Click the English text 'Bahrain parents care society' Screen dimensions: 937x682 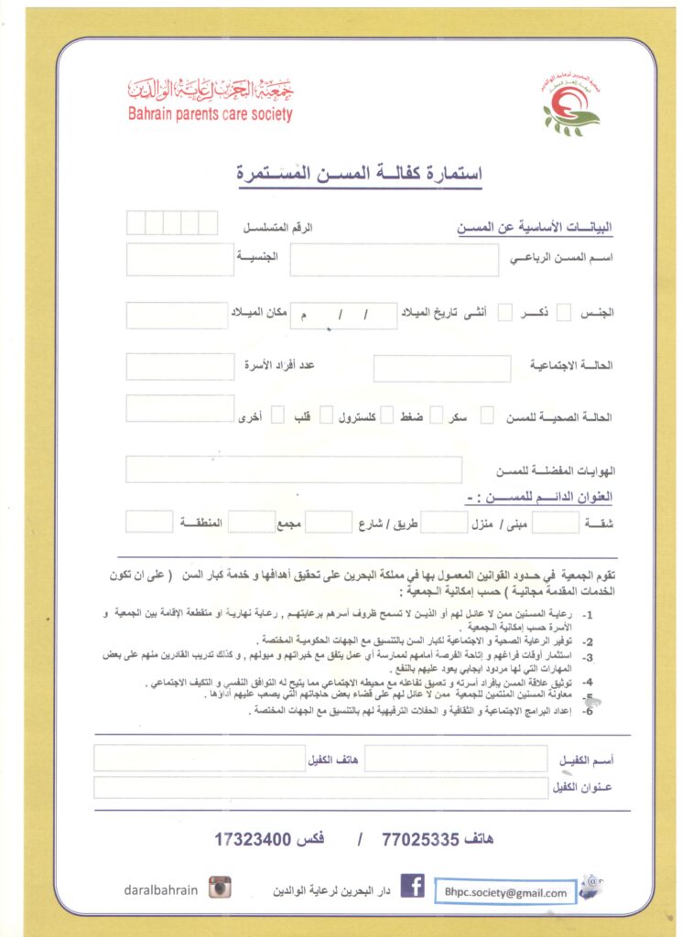[210, 115]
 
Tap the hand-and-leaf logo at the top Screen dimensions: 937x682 [571, 106]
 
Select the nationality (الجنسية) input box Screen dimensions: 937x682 [180, 260]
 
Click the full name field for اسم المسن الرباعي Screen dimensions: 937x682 [395, 260]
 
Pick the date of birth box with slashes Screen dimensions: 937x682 [343, 316]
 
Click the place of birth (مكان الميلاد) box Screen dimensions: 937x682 [177, 316]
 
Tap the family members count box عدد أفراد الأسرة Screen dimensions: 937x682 [180, 367]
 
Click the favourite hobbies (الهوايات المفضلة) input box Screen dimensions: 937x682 [294, 469]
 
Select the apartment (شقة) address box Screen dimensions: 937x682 [555, 522]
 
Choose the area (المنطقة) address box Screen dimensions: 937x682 [149, 522]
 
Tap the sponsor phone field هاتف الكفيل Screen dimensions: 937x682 [199, 759]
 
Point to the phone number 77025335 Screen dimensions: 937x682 [420, 837]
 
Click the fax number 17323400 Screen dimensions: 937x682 [253, 837]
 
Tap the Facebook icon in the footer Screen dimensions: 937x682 [412, 887]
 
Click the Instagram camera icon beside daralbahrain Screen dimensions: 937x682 [220, 887]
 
